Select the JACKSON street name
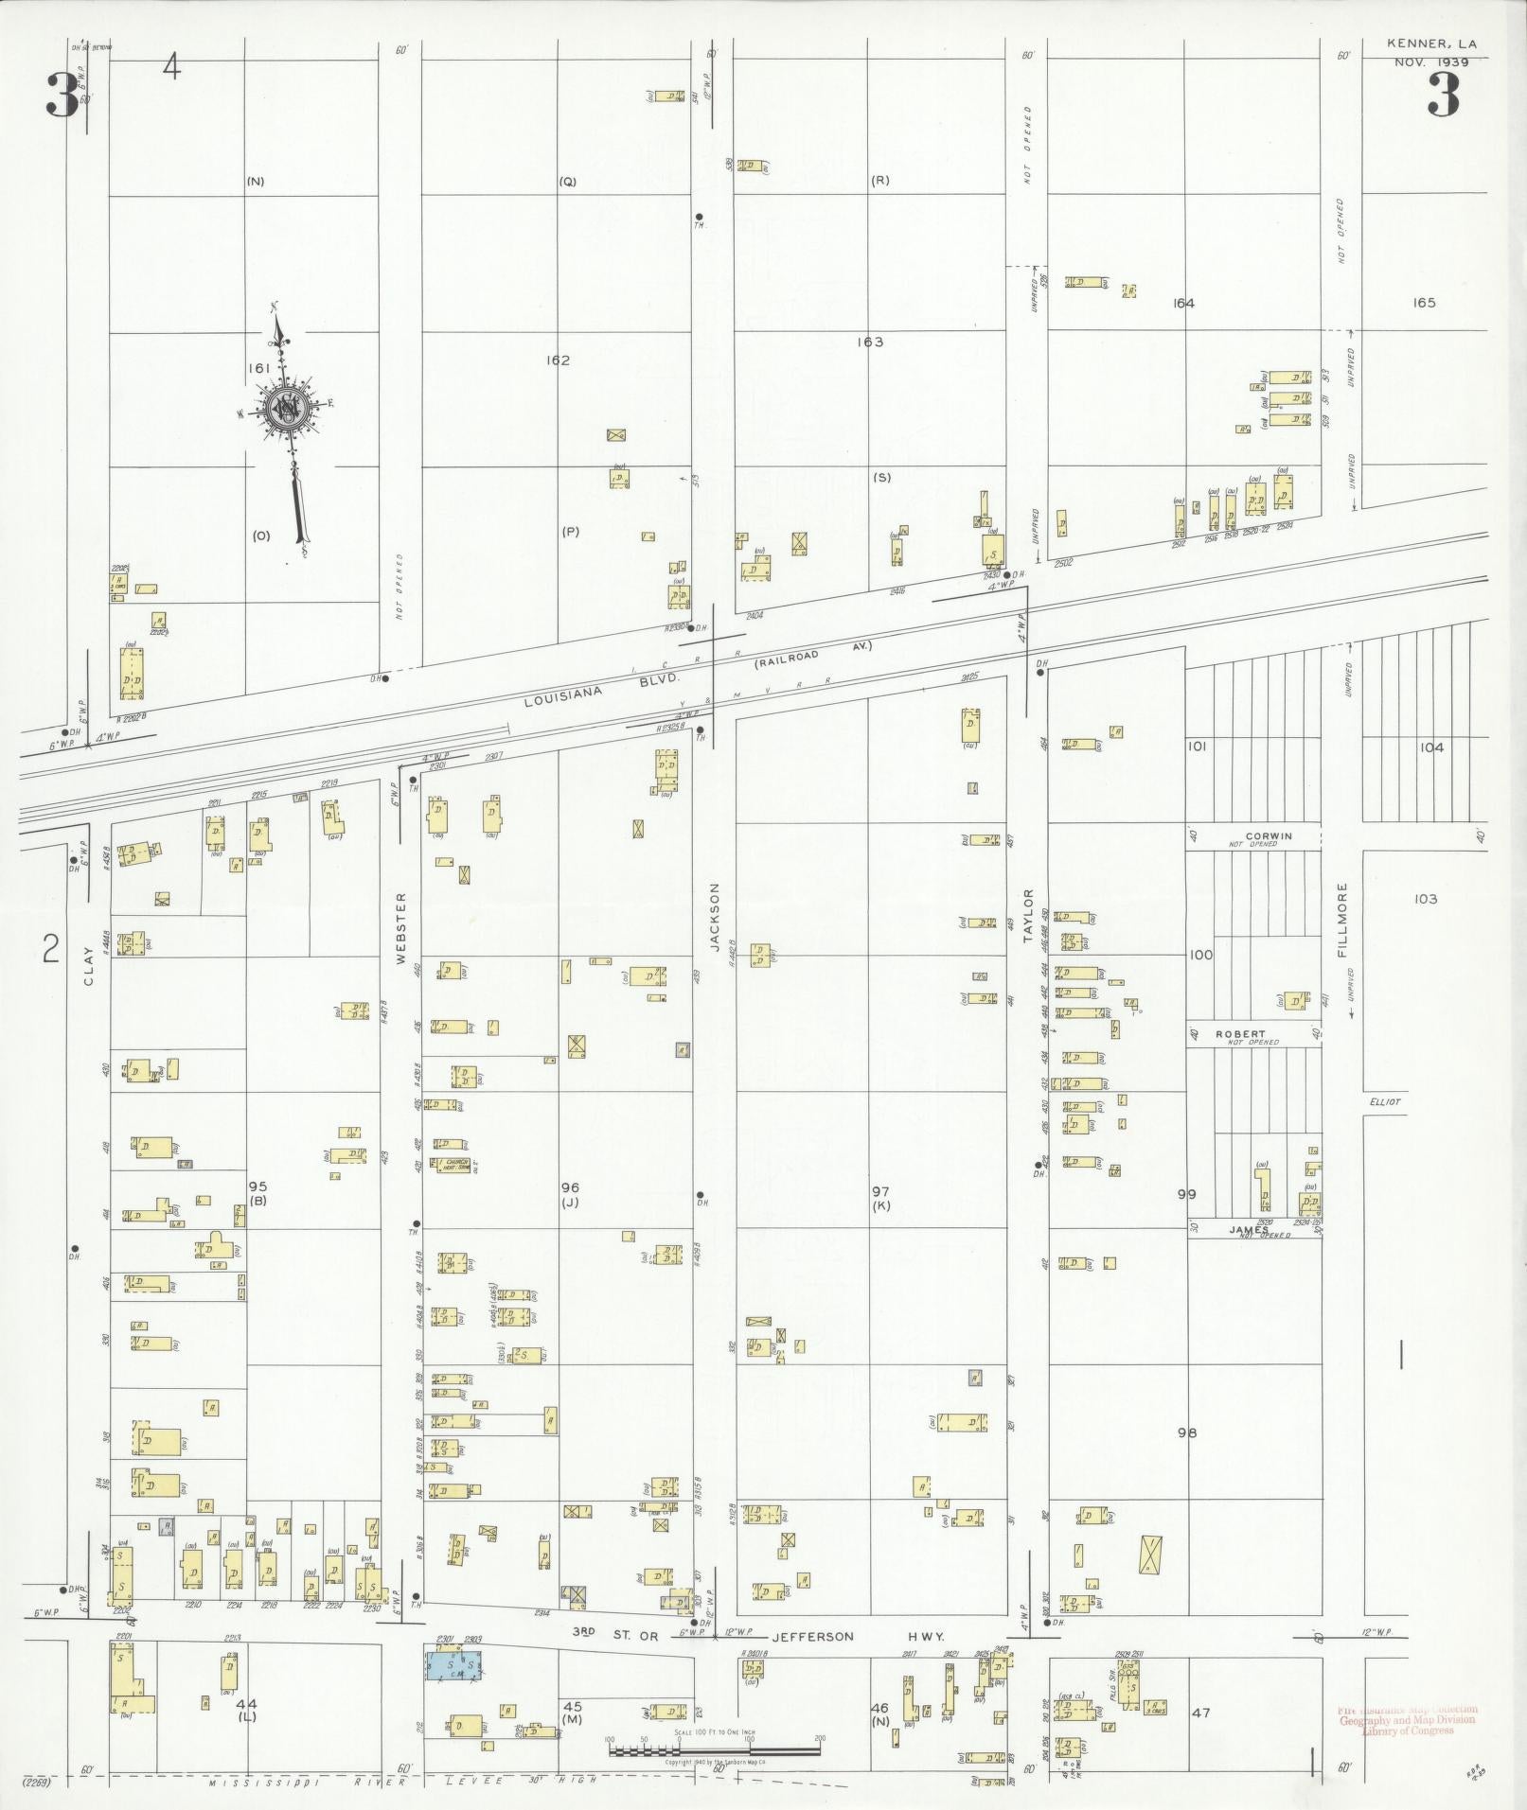tap(715, 917)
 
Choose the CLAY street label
tap(89, 966)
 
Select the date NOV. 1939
tap(1430, 62)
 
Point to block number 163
tap(869, 342)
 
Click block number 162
tap(558, 360)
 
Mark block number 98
tap(1186, 1432)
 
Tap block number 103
tap(1425, 899)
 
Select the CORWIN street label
tap(1268, 836)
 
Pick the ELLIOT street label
tap(1383, 1101)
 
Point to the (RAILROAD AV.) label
tap(812, 656)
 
